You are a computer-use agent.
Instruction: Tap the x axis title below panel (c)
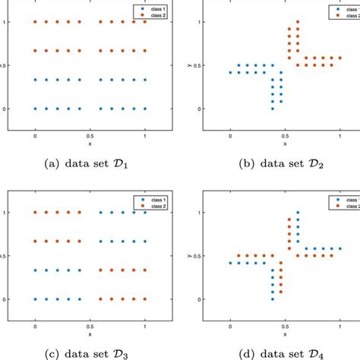coord(90,333)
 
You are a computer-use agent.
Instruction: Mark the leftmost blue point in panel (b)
coord(230,73)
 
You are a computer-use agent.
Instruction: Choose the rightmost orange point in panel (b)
coord(340,58)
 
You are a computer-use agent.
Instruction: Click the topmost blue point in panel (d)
coord(298,212)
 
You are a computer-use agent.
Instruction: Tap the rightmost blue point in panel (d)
coord(340,248)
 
